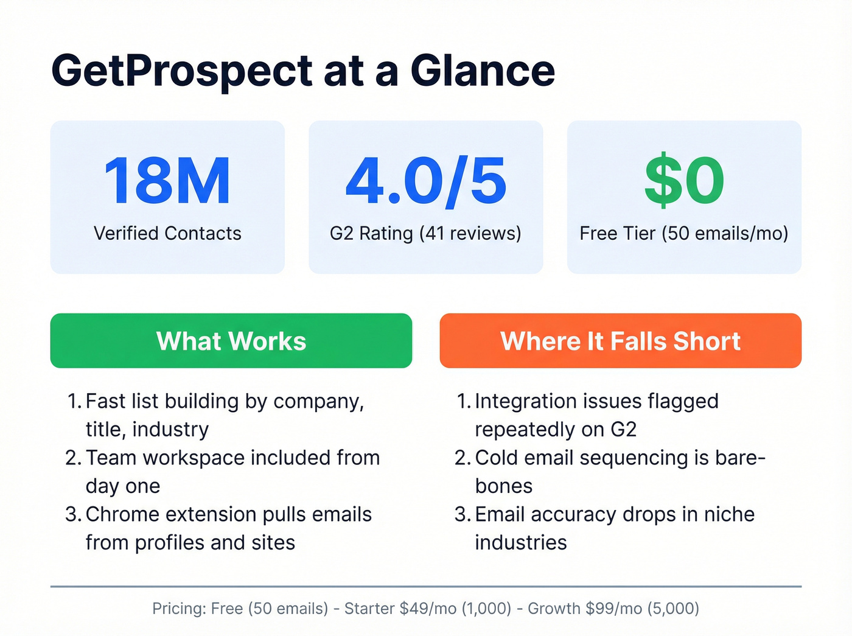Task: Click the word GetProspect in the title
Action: pyautogui.click(x=182, y=71)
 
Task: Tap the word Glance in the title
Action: pyautogui.click(x=483, y=71)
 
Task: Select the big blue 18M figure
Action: pyautogui.click(x=167, y=181)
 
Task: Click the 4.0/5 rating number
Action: pyautogui.click(x=425, y=181)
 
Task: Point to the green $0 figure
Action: pyautogui.click(x=684, y=181)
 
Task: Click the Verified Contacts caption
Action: pyautogui.click(x=167, y=233)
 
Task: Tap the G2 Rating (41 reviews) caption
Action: pyautogui.click(x=425, y=233)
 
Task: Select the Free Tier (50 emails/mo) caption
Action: pyautogui.click(x=684, y=233)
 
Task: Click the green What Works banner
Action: pyautogui.click(x=231, y=341)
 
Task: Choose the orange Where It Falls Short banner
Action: pyautogui.click(x=620, y=341)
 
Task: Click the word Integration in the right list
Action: pyautogui.click(x=525, y=401)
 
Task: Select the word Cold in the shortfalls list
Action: pyautogui.click(x=496, y=458)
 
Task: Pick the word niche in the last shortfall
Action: pyautogui.click(x=729, y=514)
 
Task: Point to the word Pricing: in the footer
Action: pyautogui.click(x=179, y=609)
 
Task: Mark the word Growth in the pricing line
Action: pyautogui.click(x=554, y=609)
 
